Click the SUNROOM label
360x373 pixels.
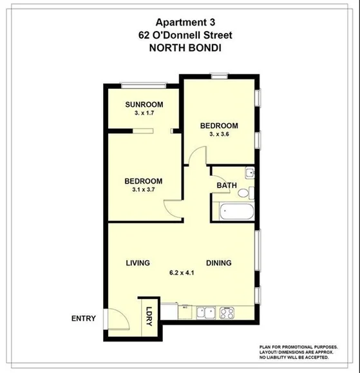144,104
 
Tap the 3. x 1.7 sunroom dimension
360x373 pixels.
144,113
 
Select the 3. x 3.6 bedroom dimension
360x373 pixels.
219,134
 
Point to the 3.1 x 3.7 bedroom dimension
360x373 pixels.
143,190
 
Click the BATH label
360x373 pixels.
226,186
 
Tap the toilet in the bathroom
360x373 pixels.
252,193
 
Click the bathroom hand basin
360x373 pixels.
249,173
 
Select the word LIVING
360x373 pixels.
138,263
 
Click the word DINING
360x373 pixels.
219,263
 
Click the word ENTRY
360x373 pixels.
84,318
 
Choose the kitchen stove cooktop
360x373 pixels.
227,313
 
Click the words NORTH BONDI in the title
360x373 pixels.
180,47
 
